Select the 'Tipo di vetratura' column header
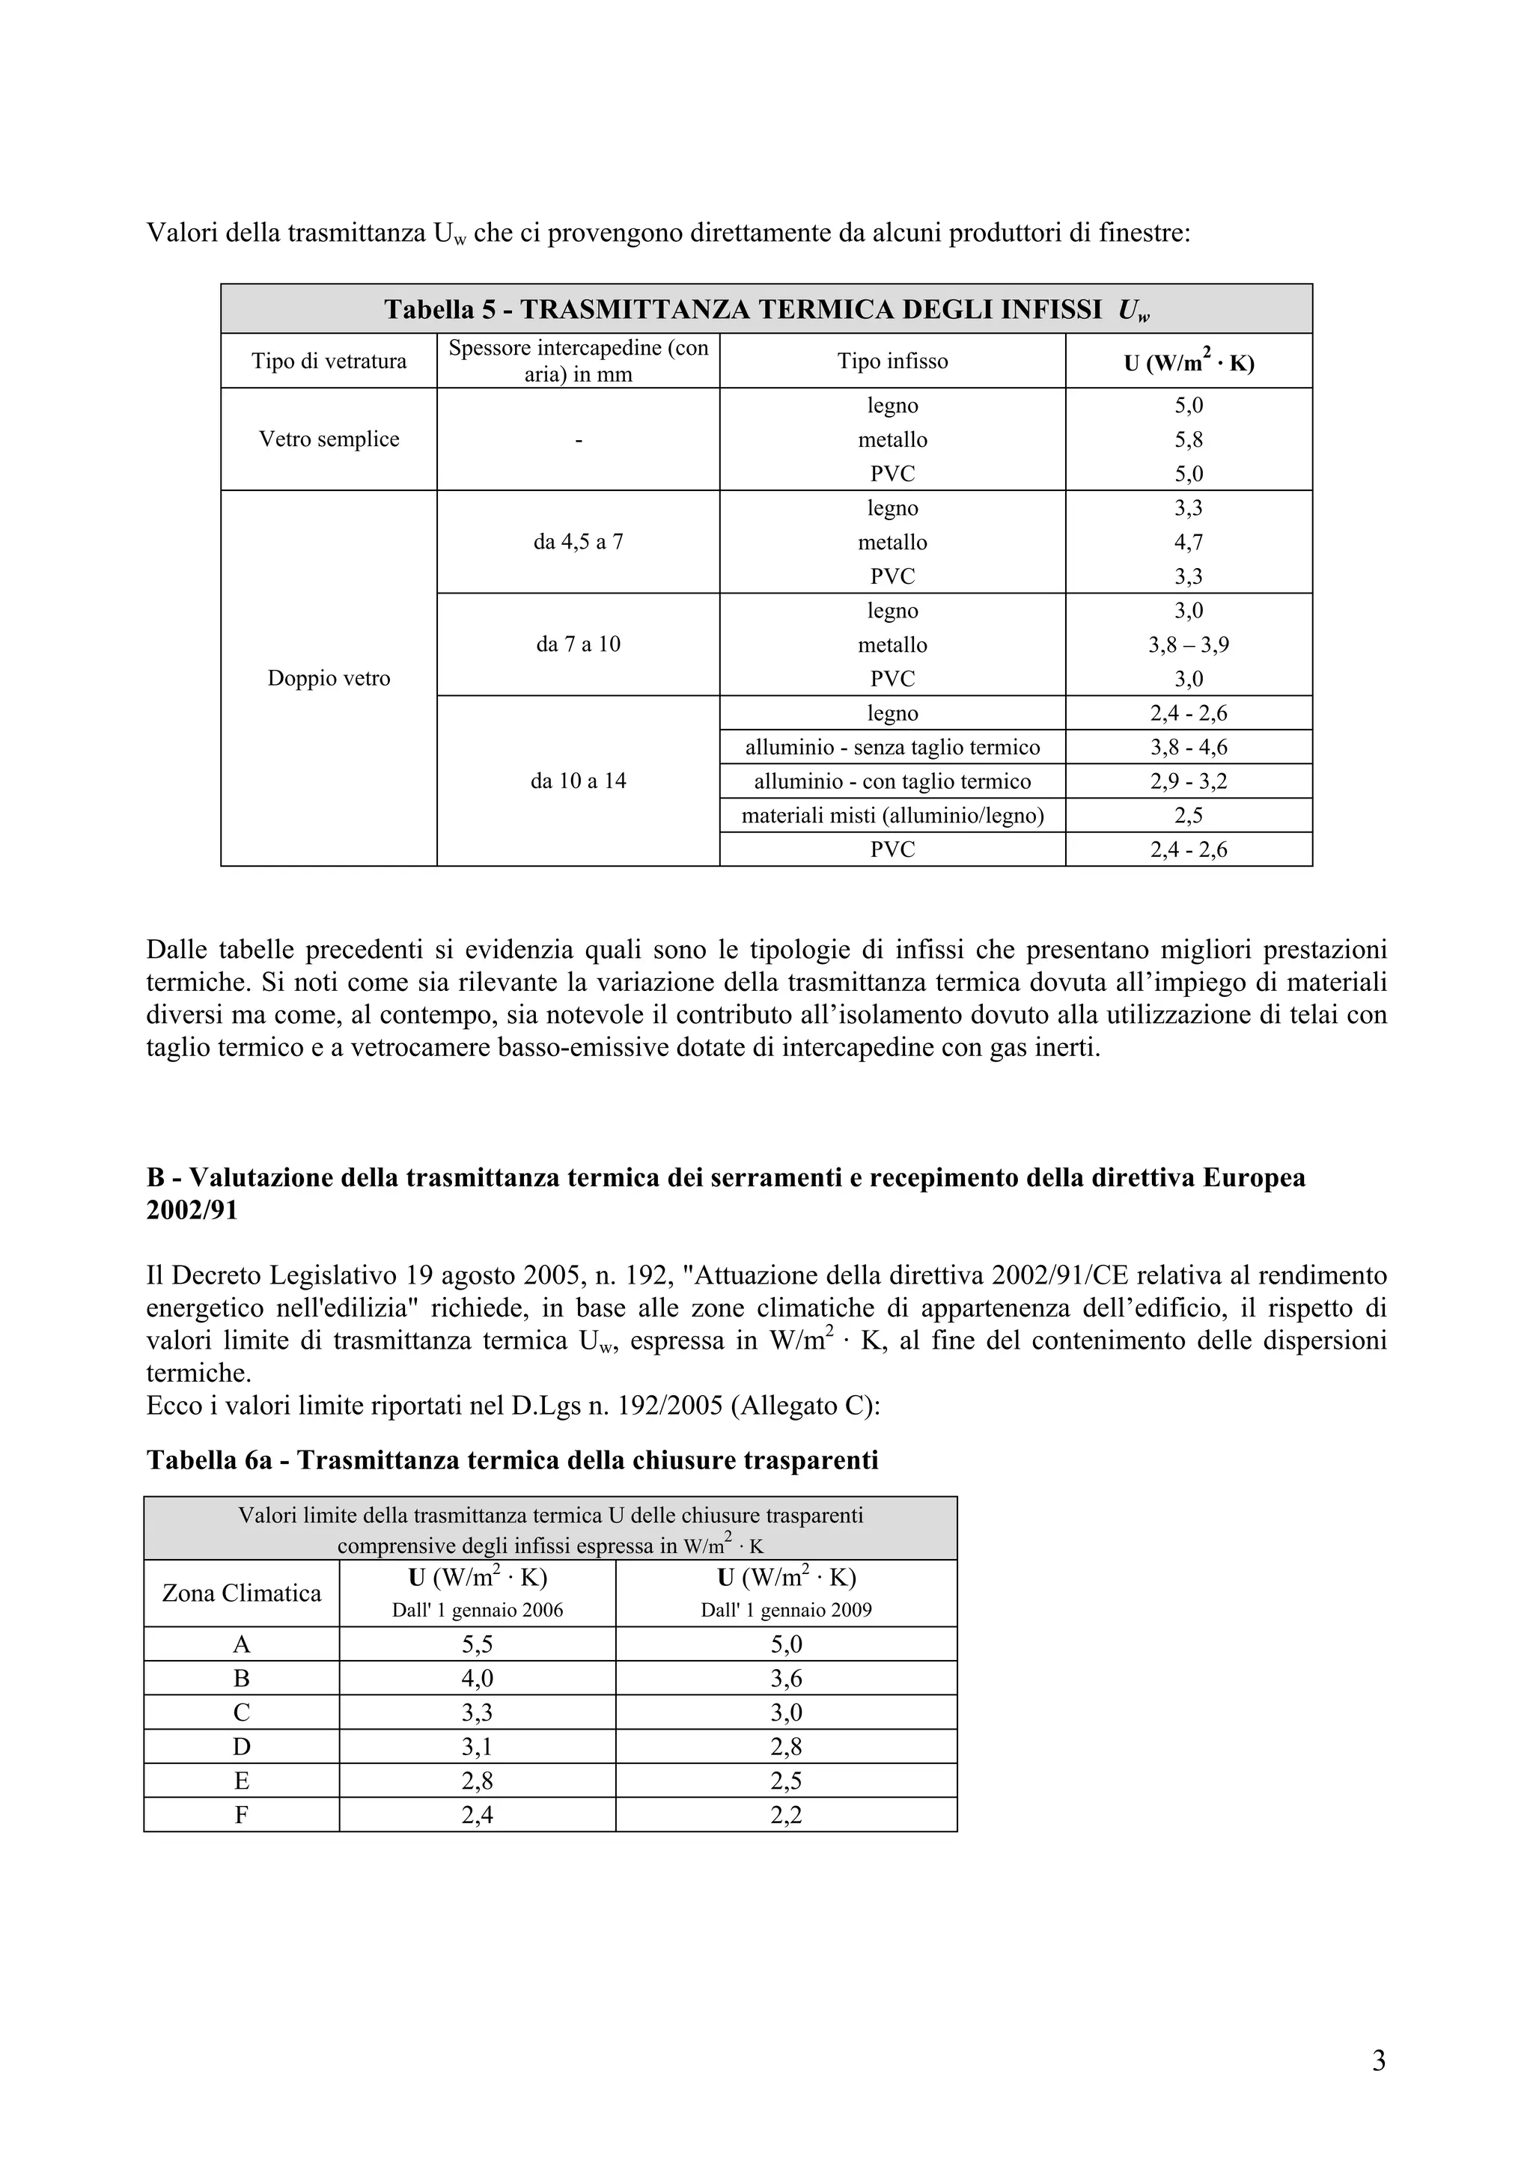tap(329, 361)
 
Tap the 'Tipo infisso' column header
tap(892, 361)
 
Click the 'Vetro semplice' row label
tap(329, 439)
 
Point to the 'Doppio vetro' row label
tap(329, 678)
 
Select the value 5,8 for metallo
tap(1188, 439)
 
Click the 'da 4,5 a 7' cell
tap(578, 542)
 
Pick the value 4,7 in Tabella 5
tap(1188, 542)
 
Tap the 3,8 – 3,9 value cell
tap(1188, 644)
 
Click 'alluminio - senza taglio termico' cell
tap(892, 747)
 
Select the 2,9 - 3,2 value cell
tap(1188, 781)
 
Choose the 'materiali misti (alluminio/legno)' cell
tap(892, 815)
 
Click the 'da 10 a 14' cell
tap(578, 781)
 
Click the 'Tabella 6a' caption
tap(512, 1460)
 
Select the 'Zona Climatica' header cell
tap(242, 1593)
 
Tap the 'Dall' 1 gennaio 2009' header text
tap(786, 1611)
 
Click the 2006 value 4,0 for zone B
tap(477, 1679)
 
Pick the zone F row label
tap(242, 1815)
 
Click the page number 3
tap(1378, 2060)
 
